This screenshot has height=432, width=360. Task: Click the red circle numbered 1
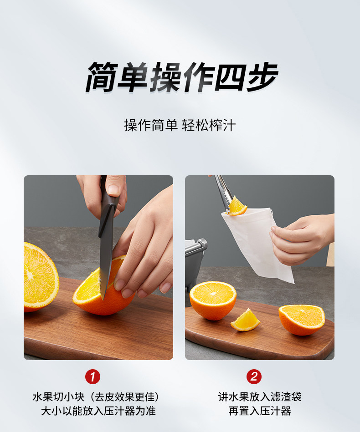coord(93,376)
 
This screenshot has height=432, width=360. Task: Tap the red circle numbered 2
coord(254,376)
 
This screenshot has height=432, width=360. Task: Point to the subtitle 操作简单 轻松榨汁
coord(180,125)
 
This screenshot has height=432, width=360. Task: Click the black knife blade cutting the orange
coord(105,259)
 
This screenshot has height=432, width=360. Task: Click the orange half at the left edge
coord(40,277)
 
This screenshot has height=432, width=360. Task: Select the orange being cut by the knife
coord(102,289)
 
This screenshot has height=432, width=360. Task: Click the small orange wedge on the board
coord(245,320)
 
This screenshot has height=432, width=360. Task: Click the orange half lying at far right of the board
coord(302,320)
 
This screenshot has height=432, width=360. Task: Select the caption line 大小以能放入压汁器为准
coord(98,411)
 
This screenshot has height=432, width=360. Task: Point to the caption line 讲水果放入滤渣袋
coord(260,397)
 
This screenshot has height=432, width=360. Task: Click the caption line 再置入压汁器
coord(260,411)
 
